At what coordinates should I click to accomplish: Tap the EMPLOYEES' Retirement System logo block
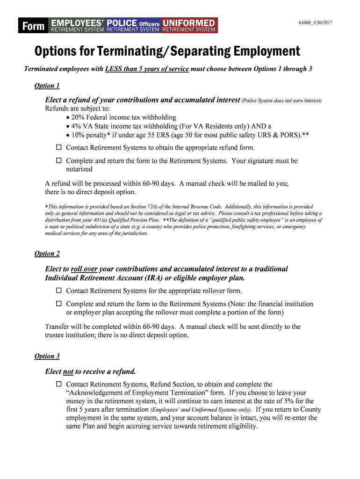(78, 26)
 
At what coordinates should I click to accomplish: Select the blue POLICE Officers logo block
(133, 26)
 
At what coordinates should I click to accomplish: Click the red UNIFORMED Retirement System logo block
(189, 26)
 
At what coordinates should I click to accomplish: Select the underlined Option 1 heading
(47, 86)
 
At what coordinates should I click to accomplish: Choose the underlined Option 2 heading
(47, 254)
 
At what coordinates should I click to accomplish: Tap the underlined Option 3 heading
(47, 356)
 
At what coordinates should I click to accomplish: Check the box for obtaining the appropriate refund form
(59, 147)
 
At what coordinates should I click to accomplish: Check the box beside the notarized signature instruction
(59, 160)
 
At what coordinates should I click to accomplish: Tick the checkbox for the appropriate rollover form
(59, 290)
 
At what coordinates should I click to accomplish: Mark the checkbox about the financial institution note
(59, 304)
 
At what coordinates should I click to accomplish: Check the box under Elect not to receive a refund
(59, 384)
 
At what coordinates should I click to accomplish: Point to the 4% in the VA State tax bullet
(75, 126)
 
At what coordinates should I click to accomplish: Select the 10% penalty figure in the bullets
(78, 135)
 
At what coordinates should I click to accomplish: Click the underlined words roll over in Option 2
(84, 269)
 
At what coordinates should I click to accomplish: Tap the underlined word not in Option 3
(68, 372)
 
